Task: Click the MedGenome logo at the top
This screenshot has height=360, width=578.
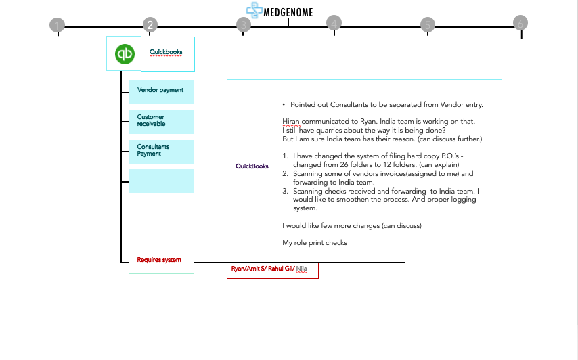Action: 280,11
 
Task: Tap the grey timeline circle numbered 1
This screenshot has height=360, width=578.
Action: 58,26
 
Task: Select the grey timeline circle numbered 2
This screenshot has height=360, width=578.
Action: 150,26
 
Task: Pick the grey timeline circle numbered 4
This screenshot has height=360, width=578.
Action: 334,23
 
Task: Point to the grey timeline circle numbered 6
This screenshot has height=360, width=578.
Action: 520,23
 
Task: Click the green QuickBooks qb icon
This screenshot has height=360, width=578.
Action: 124,54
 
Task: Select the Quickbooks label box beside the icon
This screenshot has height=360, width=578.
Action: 167,54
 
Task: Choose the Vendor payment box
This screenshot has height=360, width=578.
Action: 161,91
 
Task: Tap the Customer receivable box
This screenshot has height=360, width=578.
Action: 161,121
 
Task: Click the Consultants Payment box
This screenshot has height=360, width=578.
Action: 161,151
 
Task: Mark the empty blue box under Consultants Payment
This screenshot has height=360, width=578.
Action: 161,181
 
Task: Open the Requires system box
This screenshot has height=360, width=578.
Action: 161,261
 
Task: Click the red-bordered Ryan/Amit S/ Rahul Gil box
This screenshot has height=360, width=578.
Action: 272,269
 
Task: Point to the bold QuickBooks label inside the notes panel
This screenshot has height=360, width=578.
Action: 252,166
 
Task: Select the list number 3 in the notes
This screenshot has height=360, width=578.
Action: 285,192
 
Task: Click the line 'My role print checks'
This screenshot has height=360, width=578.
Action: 315,242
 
